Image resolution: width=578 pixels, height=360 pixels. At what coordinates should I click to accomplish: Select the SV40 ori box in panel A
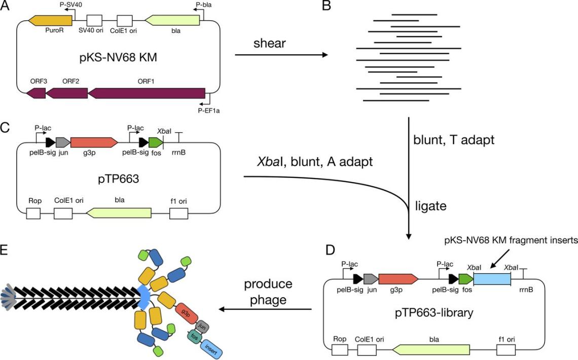(x=95, y=20)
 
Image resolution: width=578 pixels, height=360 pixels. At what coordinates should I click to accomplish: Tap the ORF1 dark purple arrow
(x=147, y=93)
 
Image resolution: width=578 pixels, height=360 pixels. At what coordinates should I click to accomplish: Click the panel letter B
(x=327, y=7)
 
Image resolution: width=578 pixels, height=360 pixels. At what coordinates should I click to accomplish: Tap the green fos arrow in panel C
(x=155, y=142)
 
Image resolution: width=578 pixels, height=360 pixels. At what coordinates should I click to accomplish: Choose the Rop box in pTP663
(x=33, y=213)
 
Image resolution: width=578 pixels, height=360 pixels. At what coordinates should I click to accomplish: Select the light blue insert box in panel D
(x=491, y=279)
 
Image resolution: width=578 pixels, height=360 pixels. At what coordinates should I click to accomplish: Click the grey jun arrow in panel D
(x=371, y=278)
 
